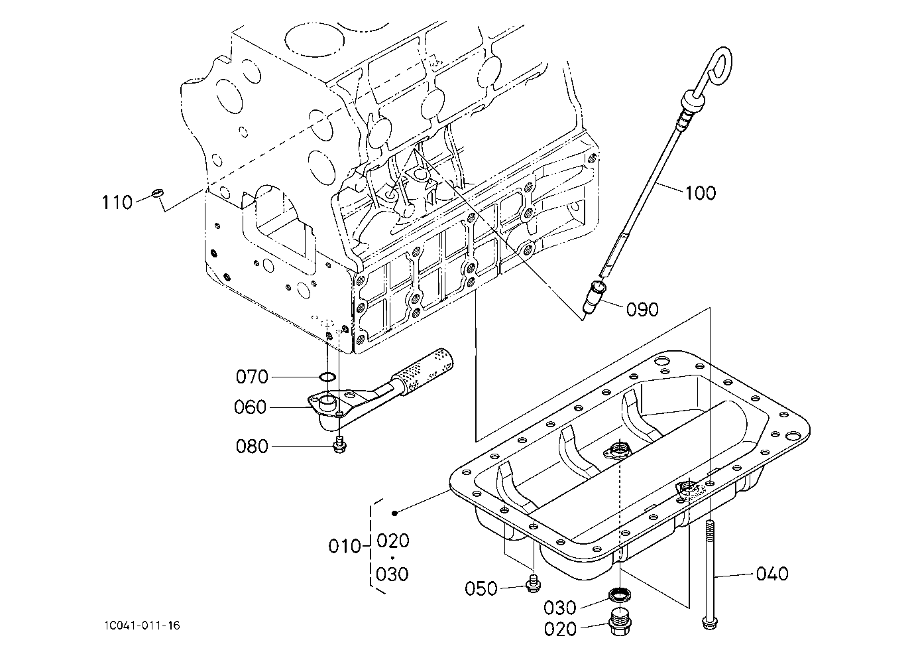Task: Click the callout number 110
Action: (117, 202)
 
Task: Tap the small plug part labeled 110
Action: (157, 192)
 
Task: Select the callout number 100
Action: (700, 193)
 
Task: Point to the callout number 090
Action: (643, 310)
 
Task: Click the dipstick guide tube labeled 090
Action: (593, 297)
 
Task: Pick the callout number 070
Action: (252, 377)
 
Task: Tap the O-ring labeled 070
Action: (327, 377)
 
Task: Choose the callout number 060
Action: (250, 407)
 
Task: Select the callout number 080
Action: (252, 446)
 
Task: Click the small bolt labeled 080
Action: (339, 444)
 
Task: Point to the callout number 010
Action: (345, 547)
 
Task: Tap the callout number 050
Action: (481, 588)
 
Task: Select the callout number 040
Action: (772, 574)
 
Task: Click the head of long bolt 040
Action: (711, 623)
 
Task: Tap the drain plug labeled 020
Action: (619, 622)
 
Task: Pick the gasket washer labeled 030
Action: (620, 594)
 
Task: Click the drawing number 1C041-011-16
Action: (142, 626)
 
